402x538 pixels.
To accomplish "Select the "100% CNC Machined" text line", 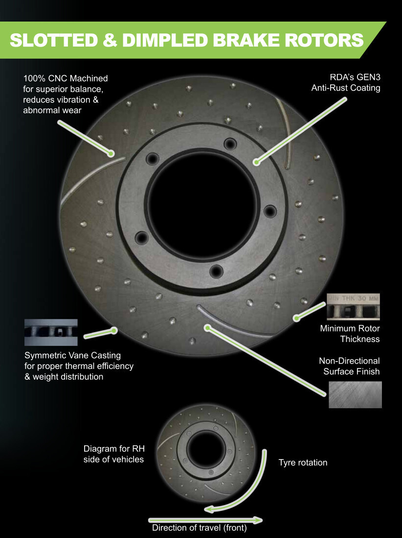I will [65, 78].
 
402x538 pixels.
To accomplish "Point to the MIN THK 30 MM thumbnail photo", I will [353, 307].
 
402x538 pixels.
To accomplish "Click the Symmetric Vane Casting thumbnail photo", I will [51, 333].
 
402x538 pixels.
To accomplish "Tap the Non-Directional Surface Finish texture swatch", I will [355, 395].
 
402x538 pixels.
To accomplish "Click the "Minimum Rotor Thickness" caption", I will [350, 333].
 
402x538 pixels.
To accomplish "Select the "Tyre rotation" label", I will [303, 463].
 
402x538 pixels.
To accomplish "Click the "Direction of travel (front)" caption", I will [199, 528].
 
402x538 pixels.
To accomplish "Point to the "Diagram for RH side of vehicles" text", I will [113, 454].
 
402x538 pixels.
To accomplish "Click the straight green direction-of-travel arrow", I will [205, 520].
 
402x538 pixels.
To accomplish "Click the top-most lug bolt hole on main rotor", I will [229, 144].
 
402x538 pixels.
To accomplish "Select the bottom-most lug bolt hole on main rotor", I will [215, 271].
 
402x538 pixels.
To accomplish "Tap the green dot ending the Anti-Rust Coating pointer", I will [256, 161].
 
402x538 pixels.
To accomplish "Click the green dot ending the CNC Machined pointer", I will [112, 153].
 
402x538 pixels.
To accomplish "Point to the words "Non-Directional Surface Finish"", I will [349, 366].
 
